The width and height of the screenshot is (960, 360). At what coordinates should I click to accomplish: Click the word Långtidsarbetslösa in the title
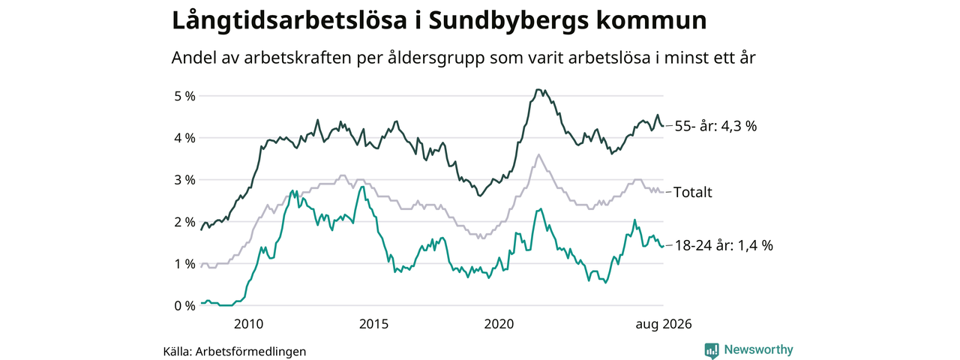coord(289,21)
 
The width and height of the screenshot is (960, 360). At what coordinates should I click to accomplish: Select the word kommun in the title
coord(651,21)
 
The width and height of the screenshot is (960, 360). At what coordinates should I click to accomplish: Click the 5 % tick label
coord(184,96)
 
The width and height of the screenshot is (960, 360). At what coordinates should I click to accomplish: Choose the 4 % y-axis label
coord(184,138)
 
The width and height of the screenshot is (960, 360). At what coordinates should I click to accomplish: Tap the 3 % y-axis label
coord(184,180)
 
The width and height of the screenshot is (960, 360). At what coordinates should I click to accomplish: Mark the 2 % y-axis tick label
coord(184,222)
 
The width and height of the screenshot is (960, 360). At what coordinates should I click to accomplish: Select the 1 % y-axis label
coord(184,264)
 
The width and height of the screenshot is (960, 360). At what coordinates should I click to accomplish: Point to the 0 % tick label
coord(184,306)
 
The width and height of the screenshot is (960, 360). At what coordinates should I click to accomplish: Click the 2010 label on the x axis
coord(248,324)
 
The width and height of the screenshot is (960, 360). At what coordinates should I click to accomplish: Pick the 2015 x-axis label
coord(373,324)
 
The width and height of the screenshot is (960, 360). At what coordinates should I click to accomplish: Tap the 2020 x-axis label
coord(499,324)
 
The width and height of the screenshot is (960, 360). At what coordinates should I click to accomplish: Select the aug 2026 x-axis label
coord(664,325)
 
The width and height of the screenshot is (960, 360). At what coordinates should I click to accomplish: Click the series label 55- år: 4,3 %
coord(715,127)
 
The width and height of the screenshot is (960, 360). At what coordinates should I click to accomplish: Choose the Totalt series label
coord(692,193)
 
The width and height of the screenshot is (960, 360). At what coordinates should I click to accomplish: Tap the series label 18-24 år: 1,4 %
coord(724,245)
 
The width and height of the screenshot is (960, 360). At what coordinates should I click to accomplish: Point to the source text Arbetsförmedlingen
coord(250,352)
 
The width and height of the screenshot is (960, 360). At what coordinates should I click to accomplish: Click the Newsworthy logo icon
coord(712,350)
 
